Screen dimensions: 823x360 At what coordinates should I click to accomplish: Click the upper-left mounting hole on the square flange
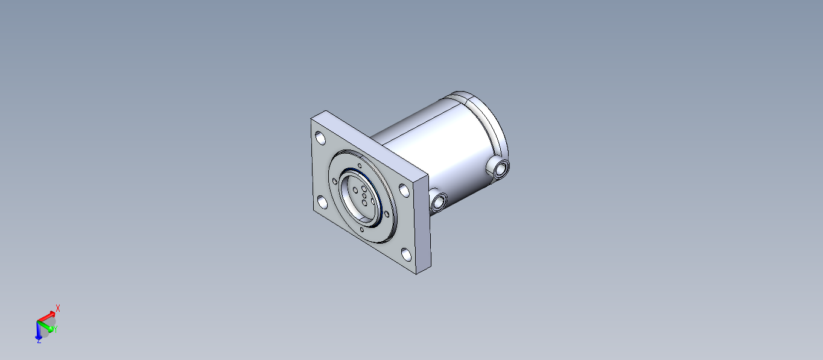(x=320, y=139)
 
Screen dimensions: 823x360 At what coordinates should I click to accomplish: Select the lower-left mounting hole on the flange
(x=322, y=203)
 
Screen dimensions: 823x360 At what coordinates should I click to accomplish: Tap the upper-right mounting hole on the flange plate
(x=404, y=191)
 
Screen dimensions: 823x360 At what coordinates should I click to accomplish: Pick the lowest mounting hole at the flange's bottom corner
(x=406, y=254)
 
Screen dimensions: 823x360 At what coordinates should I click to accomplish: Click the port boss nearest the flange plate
(x=438, y=200)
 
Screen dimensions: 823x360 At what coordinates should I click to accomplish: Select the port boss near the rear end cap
(x=498, y=168)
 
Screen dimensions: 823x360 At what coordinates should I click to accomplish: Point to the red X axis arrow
(x=46, y=317)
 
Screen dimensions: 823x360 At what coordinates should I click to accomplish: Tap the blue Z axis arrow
(x=38, y=330)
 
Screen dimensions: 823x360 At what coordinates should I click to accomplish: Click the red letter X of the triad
(x=58, y=308)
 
